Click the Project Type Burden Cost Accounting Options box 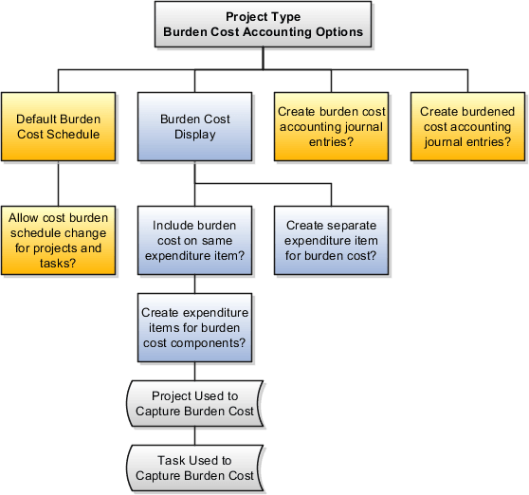pyautogui.click(x=263, y=25)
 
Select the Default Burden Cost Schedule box pyautogui.click(x=58, y=126)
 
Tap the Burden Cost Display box pyautogui.click(x=194, y=126)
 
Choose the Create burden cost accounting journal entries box pyautogui.click(x=330, y=126)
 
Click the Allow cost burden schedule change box pyautogui.click(x=58, y=241)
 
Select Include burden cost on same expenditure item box pyautogui.click(x=194, y=241)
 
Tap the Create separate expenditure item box pyautogui.click(x=331, y=241)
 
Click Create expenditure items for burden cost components pyautogui.click(x=194, y=327)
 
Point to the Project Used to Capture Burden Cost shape pyautogui.click(x=194, y=403)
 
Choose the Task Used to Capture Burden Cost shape pyautogui.click(x=194, y=467)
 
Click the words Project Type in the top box pyautogui.click(x=263, y=17)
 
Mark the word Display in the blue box pyautogui.click(x=194, y=135)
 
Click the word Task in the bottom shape pyautogui.click(x=173, y=460)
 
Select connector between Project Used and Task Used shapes pyautogui.click(x=194, y=435)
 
